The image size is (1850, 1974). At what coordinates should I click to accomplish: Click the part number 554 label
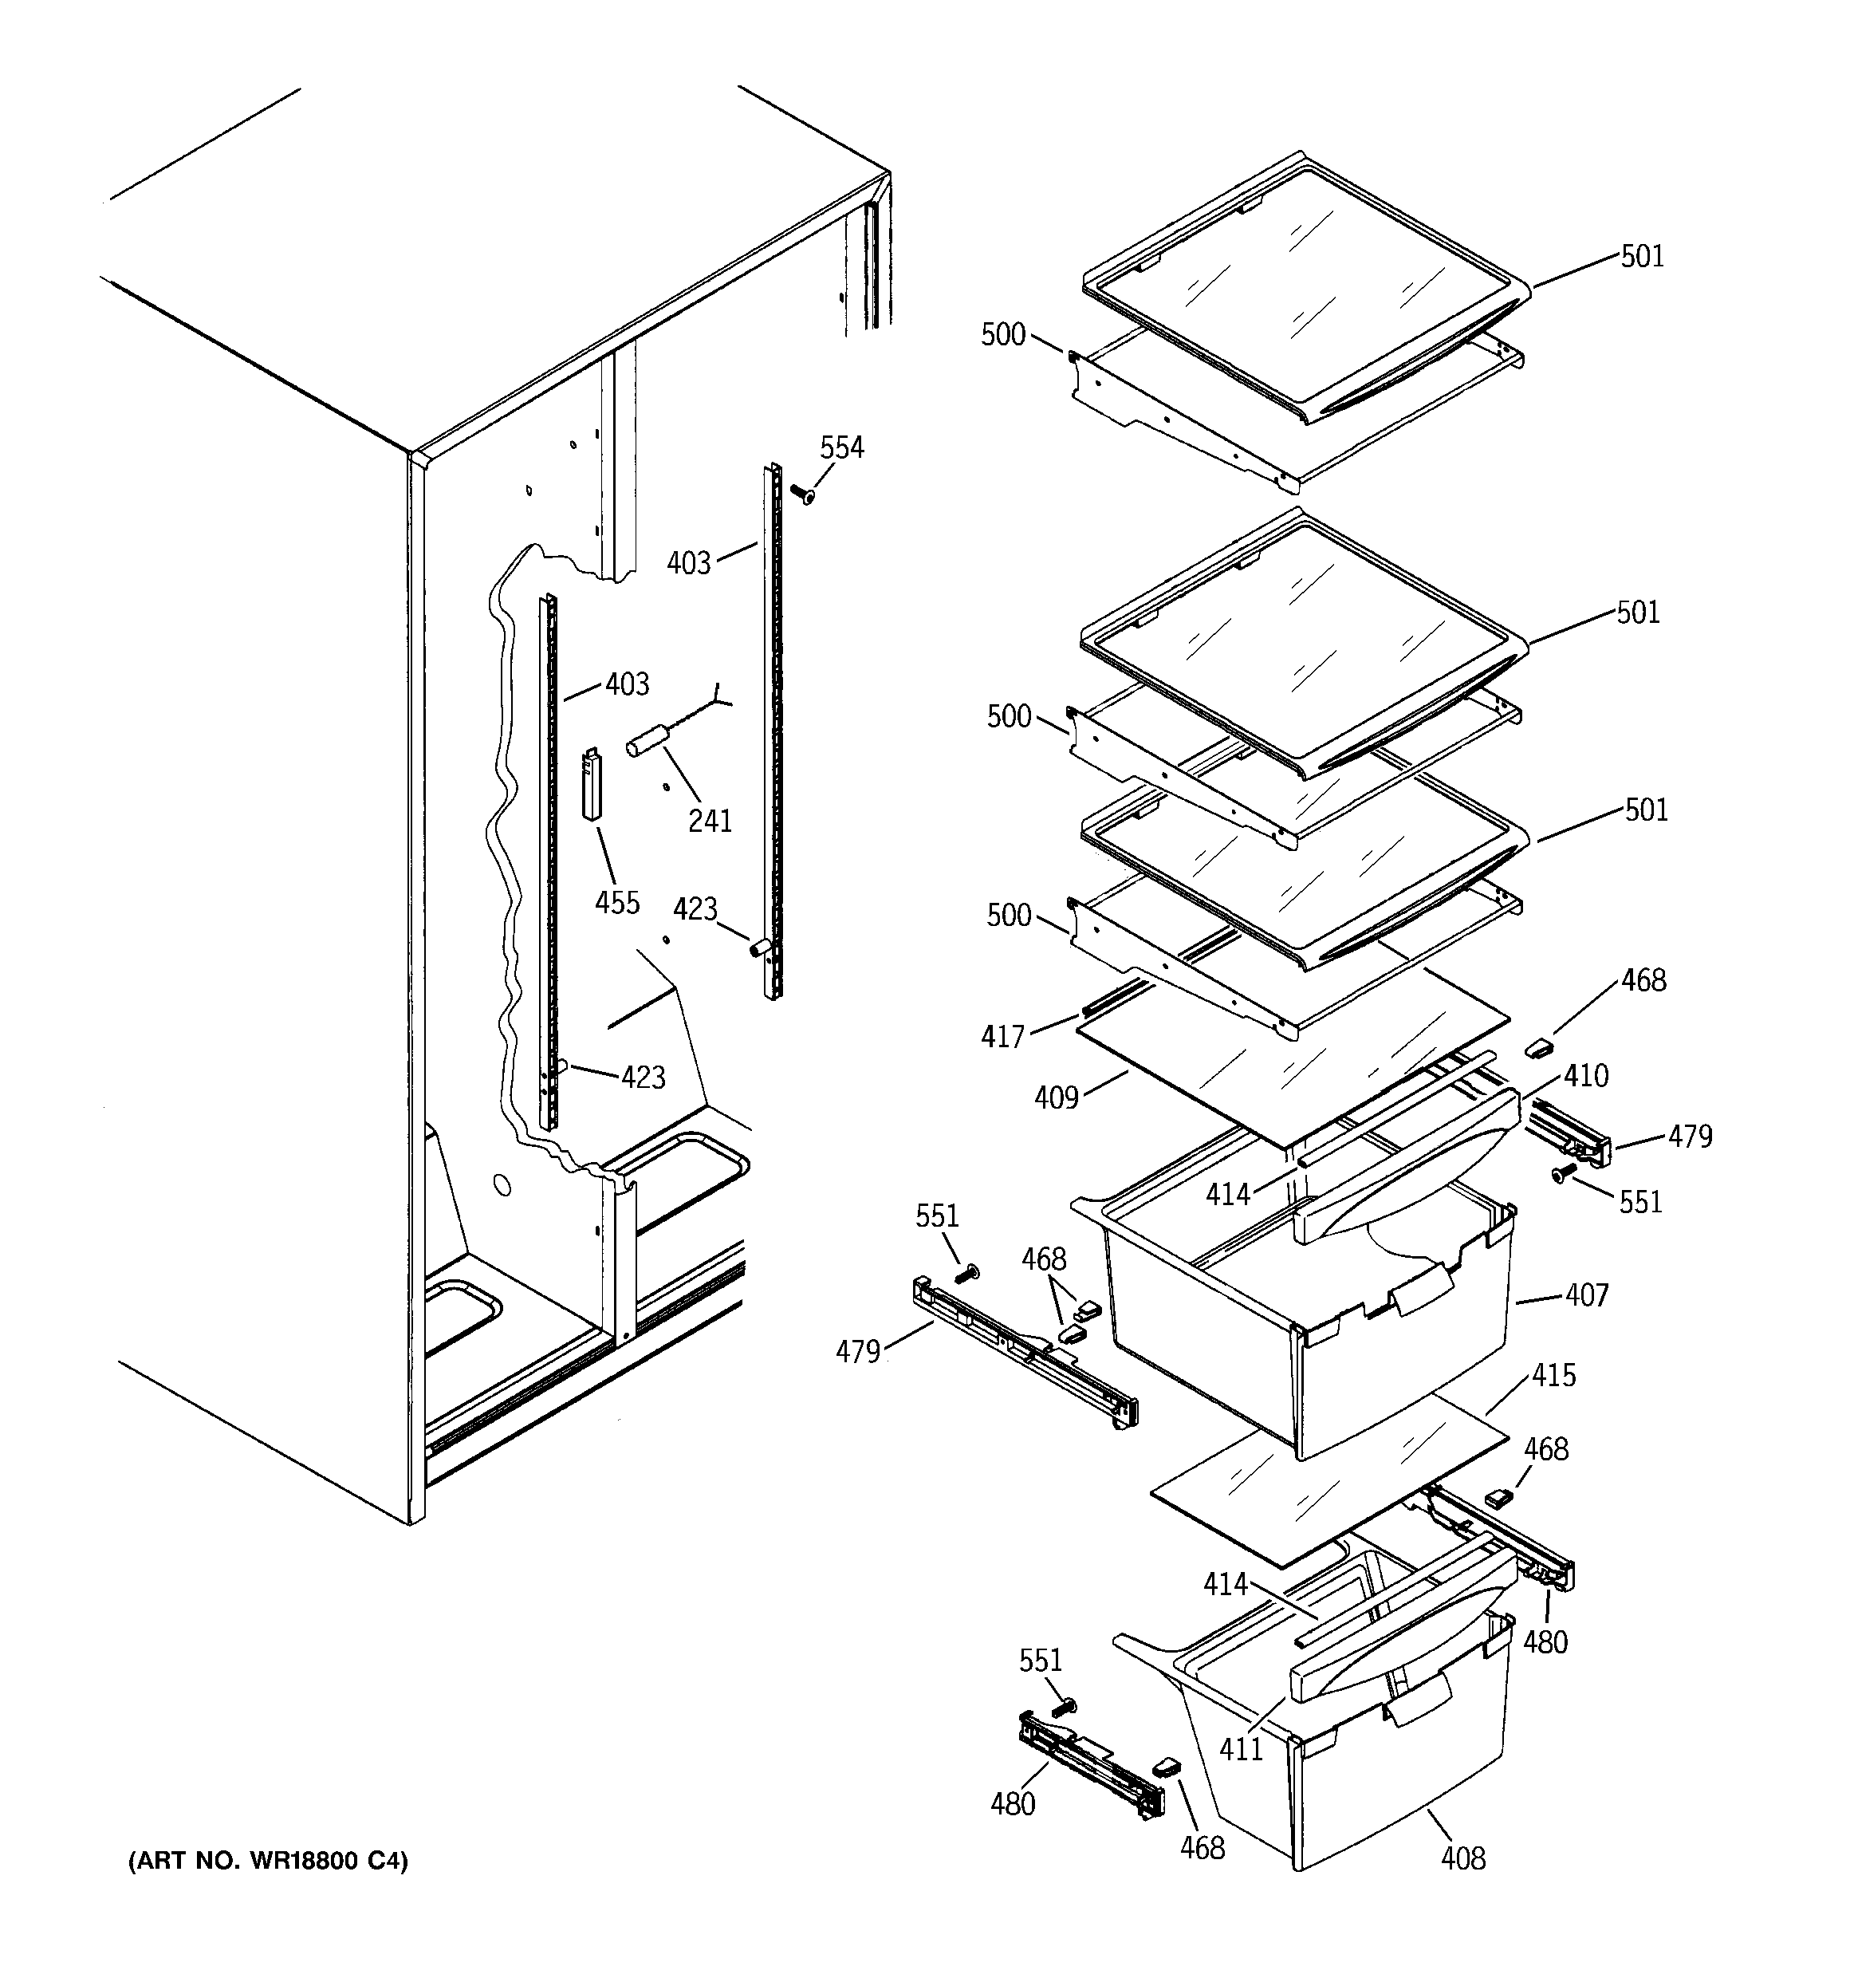pos(841,447)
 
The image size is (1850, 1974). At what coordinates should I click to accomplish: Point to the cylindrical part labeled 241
pos(645,743)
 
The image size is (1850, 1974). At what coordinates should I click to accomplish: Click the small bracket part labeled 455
pos(592,783)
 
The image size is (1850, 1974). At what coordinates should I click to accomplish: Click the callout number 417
pos(1002,1037)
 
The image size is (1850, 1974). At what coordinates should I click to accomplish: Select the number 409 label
pos(1056,1097)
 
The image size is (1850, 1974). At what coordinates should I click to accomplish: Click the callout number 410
pos(1586,1075)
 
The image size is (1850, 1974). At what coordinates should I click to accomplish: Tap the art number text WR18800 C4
pos(268,1861)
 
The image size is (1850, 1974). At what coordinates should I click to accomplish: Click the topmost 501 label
pos(1643,256)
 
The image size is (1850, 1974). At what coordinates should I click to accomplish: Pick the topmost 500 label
pos(1003,335)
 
